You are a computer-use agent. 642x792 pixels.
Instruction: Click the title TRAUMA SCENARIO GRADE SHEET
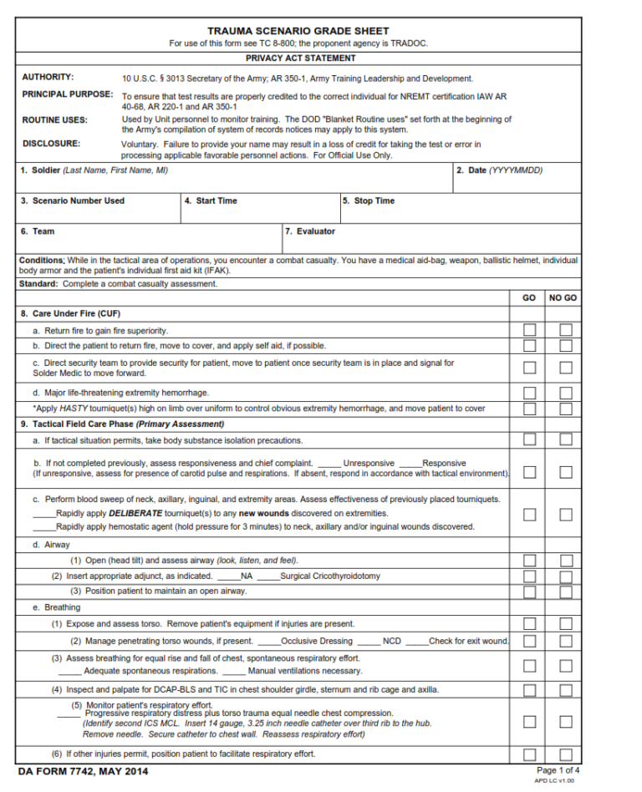pos(298,31)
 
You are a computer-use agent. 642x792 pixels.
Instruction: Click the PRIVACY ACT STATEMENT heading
pos(300,58)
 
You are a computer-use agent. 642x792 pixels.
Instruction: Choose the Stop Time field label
pos(369,201)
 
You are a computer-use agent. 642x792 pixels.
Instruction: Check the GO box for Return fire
pos(529,330)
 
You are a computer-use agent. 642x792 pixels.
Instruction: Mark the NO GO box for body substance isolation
pos(566,440)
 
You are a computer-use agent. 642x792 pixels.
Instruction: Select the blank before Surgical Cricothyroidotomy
pos(267,576)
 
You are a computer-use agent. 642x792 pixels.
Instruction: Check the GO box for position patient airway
pos(529,591)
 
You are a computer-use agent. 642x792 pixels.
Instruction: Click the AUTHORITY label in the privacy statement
pos(48,77)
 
